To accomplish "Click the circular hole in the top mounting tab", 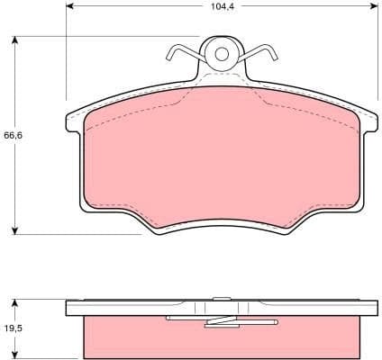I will tap(221, 54).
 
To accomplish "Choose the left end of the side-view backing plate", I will tap(70, 308).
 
